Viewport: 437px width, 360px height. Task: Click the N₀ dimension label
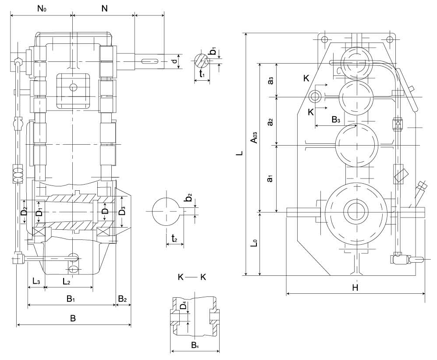point(42,8)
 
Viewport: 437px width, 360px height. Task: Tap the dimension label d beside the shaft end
point(174,61)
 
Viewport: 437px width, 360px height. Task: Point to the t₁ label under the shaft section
point(202,75)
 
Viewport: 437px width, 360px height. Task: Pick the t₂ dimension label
point(174,239)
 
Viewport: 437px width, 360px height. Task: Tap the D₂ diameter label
point(25,211)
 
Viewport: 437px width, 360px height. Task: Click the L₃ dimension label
point(36,281)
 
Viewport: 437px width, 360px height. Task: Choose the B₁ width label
point(71,299)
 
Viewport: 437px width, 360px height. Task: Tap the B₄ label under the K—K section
point(195,346)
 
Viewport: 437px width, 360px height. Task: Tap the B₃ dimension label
point(336,119)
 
